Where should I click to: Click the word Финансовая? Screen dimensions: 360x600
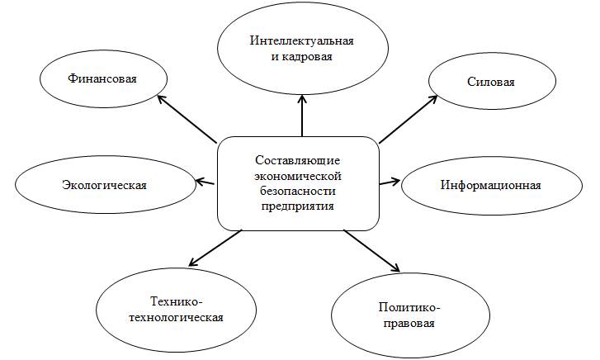[102, 79]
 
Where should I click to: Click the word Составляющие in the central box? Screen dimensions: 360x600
[298, 159]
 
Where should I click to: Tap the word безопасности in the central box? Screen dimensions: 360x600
[298, 191]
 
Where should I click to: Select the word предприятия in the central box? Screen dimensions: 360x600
[298, 206]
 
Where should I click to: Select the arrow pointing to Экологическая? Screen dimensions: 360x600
[206, 180]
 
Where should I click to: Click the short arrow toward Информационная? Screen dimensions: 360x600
[390, 180]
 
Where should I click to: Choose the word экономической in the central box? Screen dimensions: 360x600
[298, 175]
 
